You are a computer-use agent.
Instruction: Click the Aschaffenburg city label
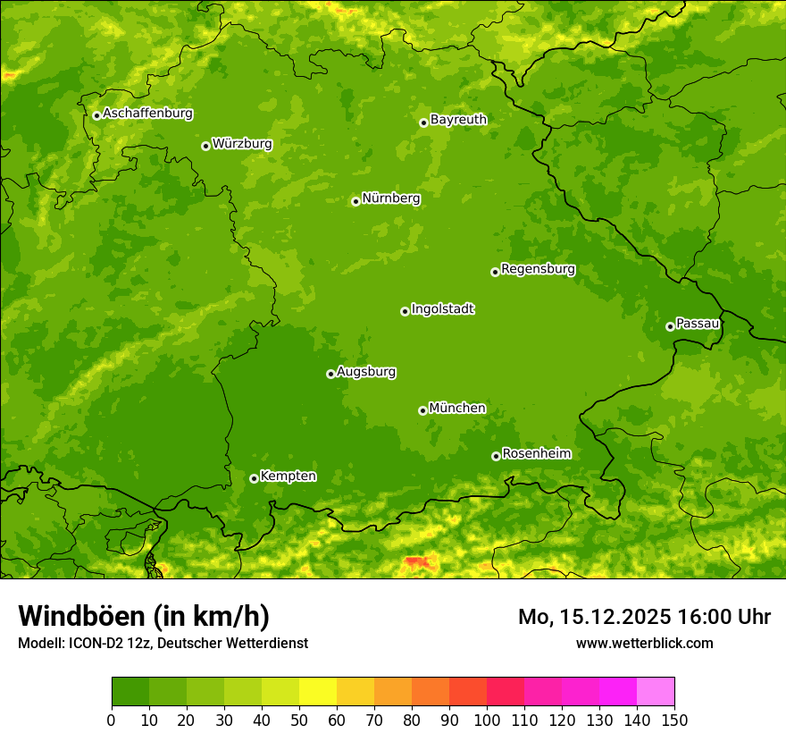(147, 114)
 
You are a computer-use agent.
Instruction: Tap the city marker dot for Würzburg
(205, 146)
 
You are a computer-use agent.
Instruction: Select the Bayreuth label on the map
(458, 119)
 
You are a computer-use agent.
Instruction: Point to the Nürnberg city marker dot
(355, 201)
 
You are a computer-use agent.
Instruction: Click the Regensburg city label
(538, 269)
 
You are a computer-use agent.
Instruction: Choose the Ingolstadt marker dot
(405, 311)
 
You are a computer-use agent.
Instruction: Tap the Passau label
(698, 324)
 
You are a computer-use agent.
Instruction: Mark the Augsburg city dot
(330, 374)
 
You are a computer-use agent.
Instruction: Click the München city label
(457, 409)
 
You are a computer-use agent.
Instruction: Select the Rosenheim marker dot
(496, 456)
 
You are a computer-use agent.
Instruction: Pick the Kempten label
(288, 476)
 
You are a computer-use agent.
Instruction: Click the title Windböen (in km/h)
(143, 616)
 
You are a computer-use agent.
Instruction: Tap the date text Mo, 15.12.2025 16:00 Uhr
(644, 617)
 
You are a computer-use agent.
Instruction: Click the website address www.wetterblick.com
(644, 643)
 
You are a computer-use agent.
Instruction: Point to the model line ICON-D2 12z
(163, 643)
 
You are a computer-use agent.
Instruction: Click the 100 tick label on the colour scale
(487, 721)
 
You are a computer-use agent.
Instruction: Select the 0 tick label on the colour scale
(112, 721)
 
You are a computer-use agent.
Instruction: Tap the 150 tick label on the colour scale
(674, 721)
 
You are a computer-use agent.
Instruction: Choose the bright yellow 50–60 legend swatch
(318, 692)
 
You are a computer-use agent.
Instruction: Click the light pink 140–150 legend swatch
(656, 692)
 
